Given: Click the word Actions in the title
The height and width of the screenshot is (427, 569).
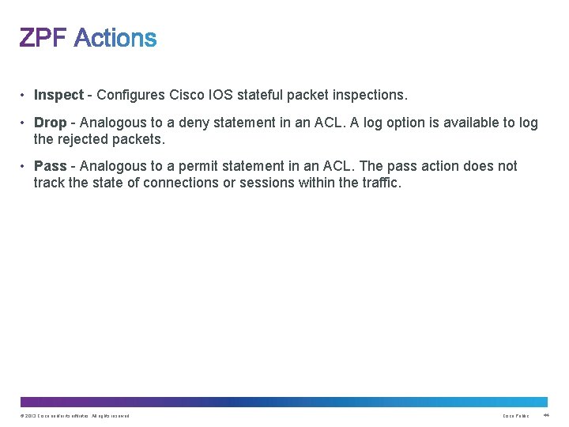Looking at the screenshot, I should [x=115, y=38].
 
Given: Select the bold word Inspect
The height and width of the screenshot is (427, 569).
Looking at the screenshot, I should [x=58, y=95].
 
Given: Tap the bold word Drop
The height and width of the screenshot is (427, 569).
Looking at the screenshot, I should [x=50, y=123].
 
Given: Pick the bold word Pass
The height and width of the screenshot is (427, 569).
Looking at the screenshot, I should [x=50, y=166].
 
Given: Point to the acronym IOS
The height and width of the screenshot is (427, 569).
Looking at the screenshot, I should [x=218, y=95].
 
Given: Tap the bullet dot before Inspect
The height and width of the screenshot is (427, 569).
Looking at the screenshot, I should [x=24, y=95].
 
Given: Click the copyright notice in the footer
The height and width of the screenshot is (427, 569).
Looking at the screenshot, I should [x=74, y=416].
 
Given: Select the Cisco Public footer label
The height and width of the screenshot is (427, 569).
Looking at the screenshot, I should [x=516, y=416].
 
